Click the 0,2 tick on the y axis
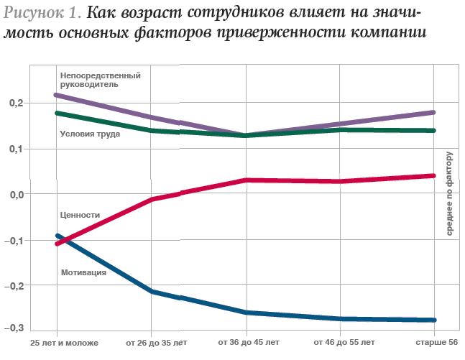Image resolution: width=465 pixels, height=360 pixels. (16, 103)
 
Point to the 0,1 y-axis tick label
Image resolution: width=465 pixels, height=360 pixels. (16, 149)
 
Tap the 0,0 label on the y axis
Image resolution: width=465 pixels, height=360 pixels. (16, 194)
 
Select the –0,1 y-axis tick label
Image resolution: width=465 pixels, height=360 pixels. (14, 240)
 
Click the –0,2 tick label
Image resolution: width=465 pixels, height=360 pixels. (14, 285)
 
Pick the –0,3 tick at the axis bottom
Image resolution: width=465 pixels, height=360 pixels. (14, 328)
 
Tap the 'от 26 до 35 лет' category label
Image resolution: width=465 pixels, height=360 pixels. (155, 343)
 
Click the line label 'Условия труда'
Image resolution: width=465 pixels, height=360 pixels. (90, 134)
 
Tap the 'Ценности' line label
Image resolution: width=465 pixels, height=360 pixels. (80, 215)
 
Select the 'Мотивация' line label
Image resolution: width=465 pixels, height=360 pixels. (84, 272)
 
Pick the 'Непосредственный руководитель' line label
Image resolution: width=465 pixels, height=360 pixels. (100, 80)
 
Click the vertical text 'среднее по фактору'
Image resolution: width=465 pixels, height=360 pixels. (449, 194)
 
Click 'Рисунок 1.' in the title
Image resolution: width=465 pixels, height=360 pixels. (42, 14)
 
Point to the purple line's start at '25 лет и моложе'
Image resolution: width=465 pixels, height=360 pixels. (57, 95)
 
